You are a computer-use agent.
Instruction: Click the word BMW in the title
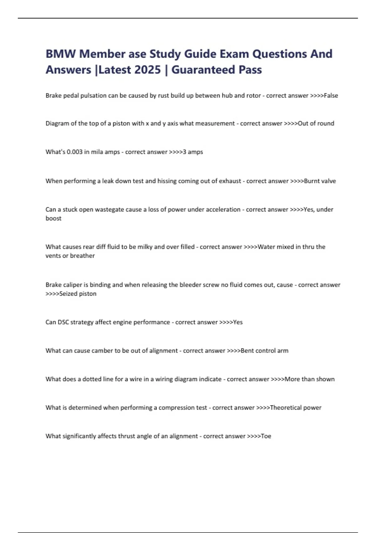pyautogui.click(x=60, y=54)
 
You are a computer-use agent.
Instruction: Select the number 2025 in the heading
pyautogui.click(x=146, y=70)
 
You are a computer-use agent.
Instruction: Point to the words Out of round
pyautogui.click(x=316, y=124)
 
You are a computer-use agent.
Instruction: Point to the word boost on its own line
pyautogui.click(x=54, y=219)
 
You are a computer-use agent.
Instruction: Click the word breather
pyautogui.click(x=82, y=256)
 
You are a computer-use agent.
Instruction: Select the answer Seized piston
pyautogui.click(x=78, y=294)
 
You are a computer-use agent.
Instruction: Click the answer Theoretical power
pyautogui.click(x=295, y=408)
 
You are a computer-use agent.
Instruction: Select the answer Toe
pyautogui.click(x=266, y=436)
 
